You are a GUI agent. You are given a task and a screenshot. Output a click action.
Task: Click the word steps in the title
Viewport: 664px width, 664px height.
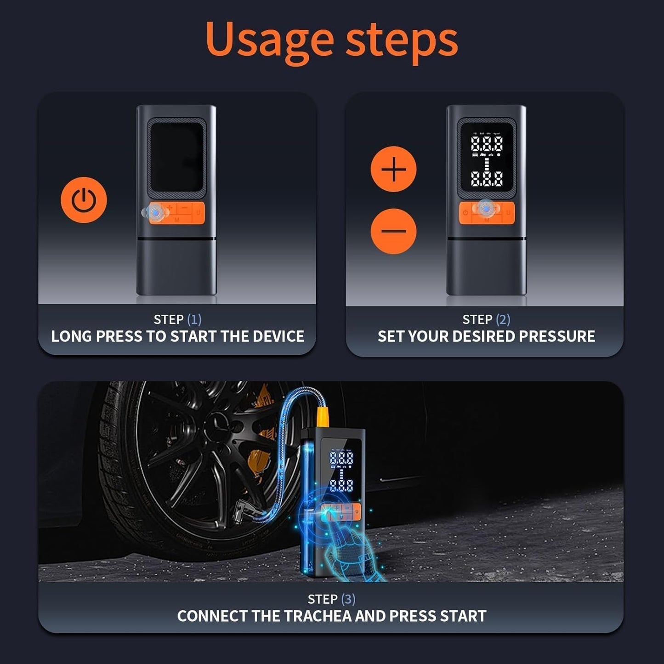click(x=402, y=40)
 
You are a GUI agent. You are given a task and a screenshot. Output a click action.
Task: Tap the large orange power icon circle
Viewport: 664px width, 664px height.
click(x=84, y=200)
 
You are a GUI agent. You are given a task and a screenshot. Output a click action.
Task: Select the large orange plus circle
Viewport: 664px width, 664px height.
click(x=393, y=169)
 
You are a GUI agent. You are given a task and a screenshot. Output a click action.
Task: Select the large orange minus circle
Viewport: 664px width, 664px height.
click(x=393, y=231)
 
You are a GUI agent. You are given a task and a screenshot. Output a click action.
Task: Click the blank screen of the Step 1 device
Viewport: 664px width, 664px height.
click(x=176, y=157)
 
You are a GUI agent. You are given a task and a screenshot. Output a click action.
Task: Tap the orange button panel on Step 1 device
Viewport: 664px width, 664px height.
click(x=177, y=213)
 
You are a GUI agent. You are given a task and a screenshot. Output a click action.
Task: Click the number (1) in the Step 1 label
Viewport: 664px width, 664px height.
click(x=194, y=319)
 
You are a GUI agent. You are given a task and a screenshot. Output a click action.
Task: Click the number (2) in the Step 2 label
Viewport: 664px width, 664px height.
click(x=503, y=319)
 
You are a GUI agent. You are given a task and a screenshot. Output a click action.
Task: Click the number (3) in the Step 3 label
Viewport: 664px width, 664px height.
click(x=348, y=599)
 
